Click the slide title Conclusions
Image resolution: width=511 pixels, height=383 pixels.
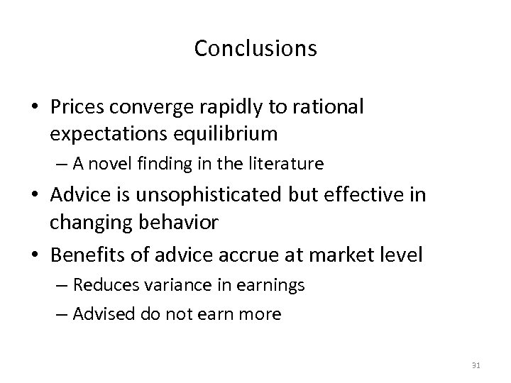pos(255,48)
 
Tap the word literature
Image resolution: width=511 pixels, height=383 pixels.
pos(289,165)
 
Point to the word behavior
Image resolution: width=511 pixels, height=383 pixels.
pos(182,223)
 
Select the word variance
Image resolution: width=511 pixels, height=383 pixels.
pos(182,285)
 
